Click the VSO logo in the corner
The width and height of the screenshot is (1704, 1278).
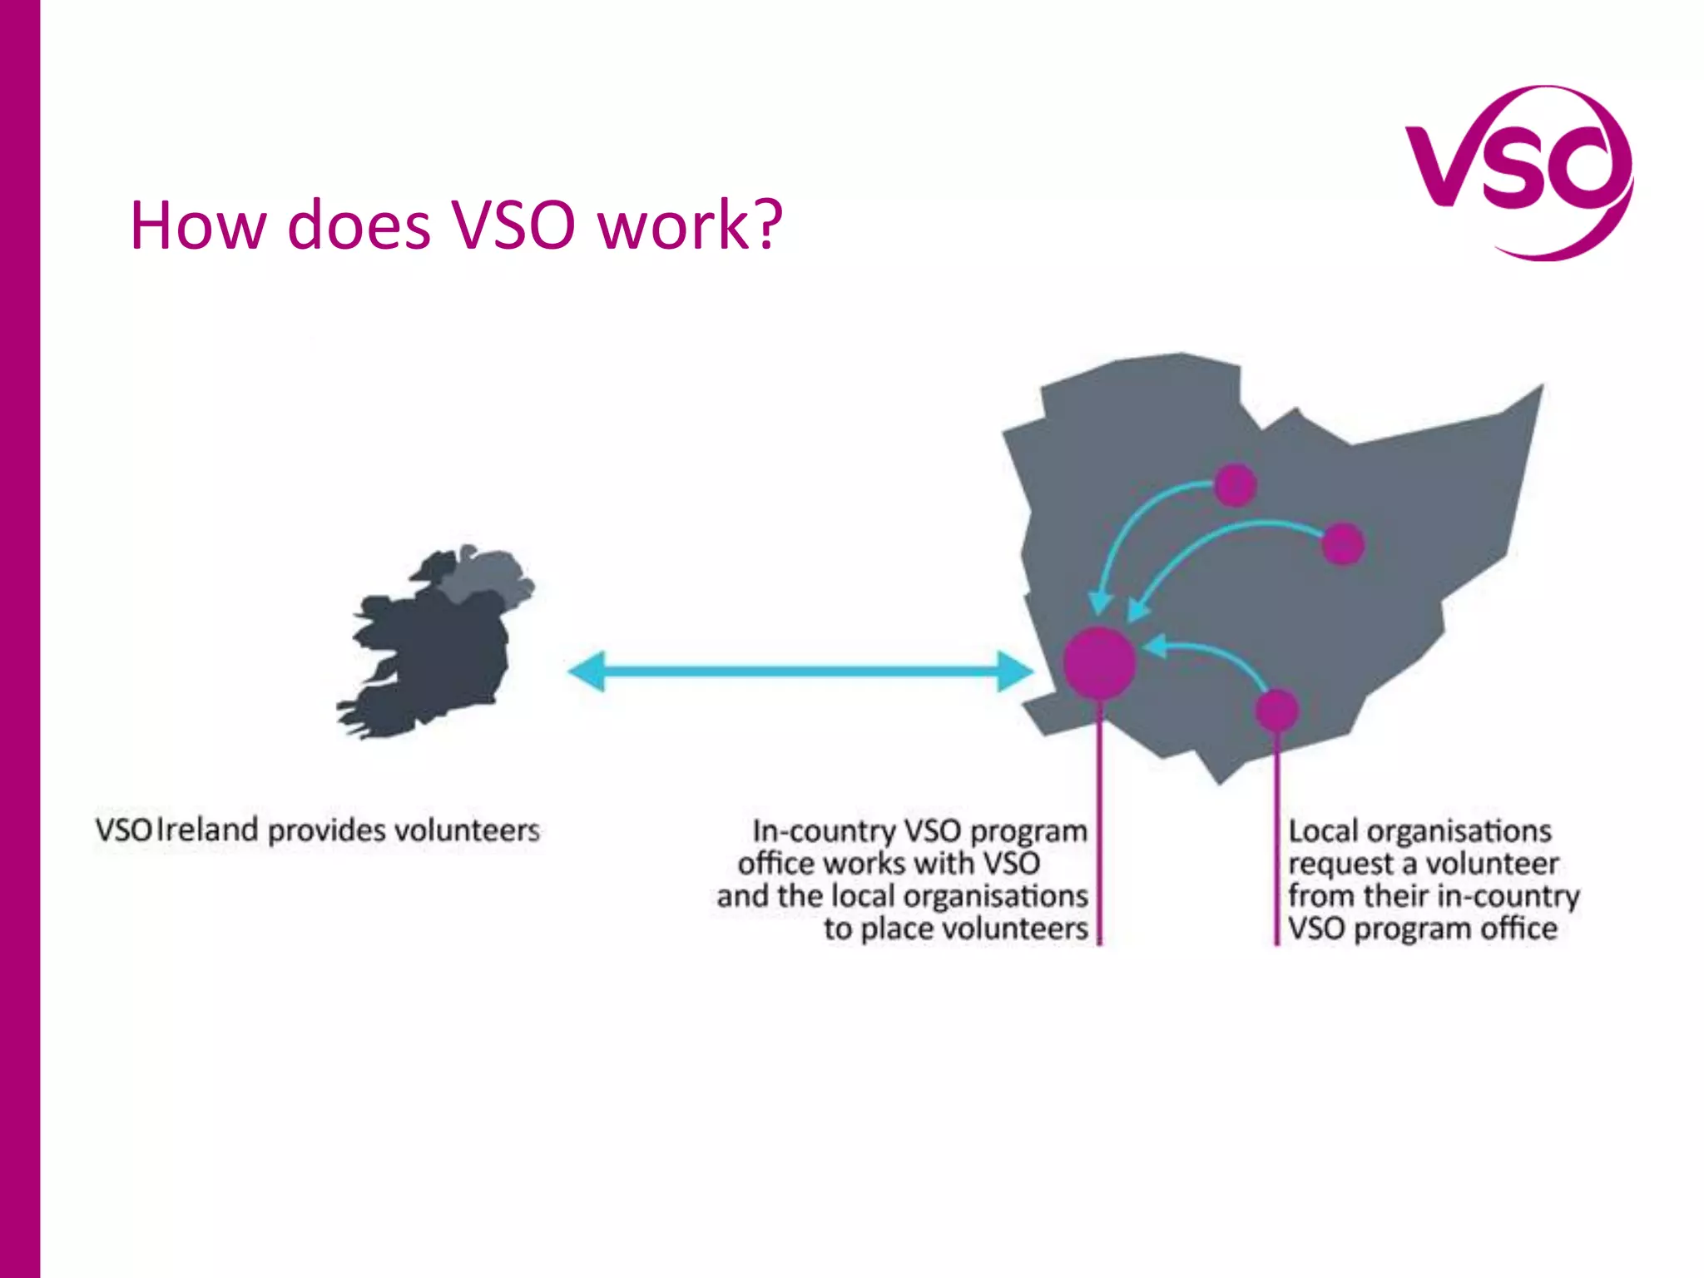tap(1518, 171)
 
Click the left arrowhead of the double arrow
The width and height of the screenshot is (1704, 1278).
tap(587, 671)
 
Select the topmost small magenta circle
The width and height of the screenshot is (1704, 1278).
tap(1235, 485)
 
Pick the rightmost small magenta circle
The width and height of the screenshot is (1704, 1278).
tap(1342, 544)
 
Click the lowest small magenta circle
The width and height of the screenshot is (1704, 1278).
tap(1276, 710)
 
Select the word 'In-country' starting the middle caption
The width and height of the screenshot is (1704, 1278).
tap(823, 830)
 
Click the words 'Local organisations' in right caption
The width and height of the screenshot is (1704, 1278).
tap(1419, 830)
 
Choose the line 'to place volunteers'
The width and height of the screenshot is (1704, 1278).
tap(955, 929)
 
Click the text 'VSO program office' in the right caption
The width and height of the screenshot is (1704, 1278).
tap(1422, 929)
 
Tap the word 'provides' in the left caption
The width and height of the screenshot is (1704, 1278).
tap(326, 830)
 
